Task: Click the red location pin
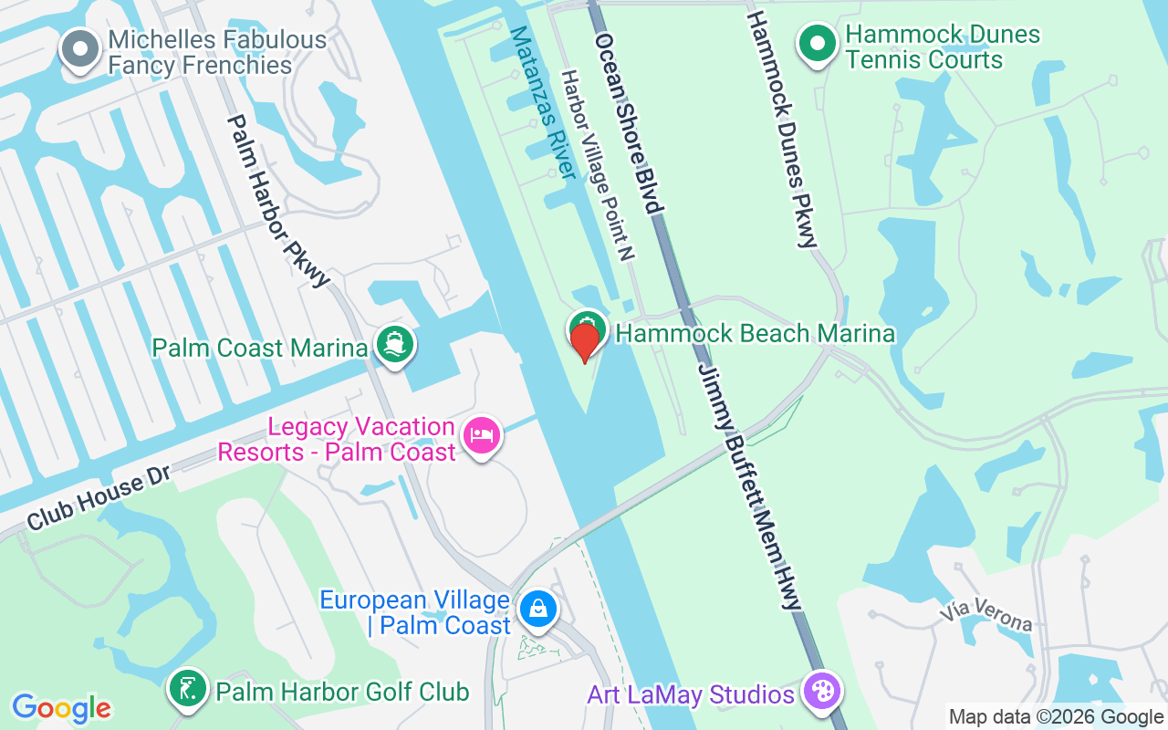click(x=584, y=341)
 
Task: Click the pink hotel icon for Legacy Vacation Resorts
click(x=481, y=435)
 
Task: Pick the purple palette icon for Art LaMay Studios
click(x=821, y=692)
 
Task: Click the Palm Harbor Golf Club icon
click(x=187, y=690)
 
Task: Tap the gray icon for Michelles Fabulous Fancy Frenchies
click(x=80, y=48)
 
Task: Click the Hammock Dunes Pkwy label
click(x=781, y=129)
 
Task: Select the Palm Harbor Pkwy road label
click(x=277, y=200)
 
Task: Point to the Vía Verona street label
click(x=989, y=614)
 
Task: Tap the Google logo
click(x=61, y=707)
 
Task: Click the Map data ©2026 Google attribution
click(x=1056, y=717)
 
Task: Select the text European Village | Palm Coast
click(x=414, y=612)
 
